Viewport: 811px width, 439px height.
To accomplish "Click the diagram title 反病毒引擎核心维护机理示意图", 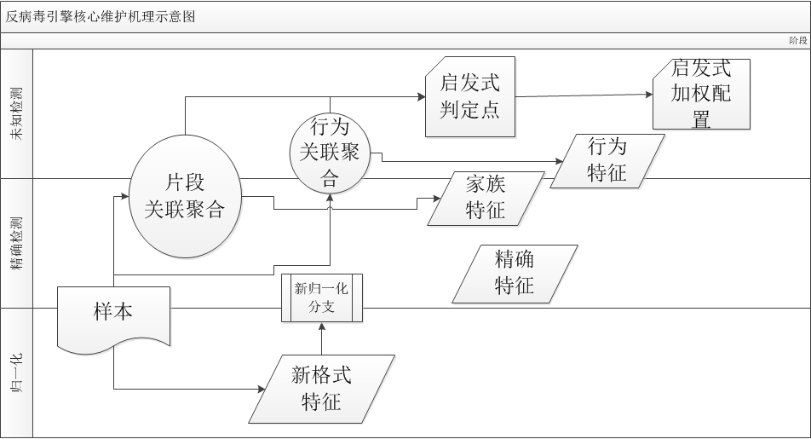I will click(101, 17).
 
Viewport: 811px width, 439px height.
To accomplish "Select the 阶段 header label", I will click(797, 40).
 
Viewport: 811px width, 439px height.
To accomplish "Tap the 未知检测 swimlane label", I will click(16, 113).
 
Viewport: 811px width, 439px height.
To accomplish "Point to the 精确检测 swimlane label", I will click(16, 243).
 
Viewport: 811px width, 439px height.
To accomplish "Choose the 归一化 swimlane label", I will click(16, 373).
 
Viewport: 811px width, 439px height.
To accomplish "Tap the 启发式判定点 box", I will click(470, 96).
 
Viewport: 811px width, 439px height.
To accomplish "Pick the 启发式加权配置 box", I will click(701, 94).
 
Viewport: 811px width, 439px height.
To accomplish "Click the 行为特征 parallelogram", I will click(607, 160).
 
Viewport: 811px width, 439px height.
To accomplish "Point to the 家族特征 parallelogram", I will click(486, 198).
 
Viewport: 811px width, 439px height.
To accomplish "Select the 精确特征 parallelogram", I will click(515, 273).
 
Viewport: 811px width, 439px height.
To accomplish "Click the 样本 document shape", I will click(113, 320).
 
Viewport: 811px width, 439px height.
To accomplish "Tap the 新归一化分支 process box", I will click(322, 297).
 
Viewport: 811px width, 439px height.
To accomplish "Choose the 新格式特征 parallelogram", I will click(321, 388).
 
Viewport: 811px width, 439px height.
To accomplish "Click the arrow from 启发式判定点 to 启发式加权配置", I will click(584, 95).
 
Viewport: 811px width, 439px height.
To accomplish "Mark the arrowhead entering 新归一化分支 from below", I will click(322, 326).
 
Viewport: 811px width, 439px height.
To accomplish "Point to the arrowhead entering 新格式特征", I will click(262, 389).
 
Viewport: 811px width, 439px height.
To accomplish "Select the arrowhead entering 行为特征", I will click(560, 160).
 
